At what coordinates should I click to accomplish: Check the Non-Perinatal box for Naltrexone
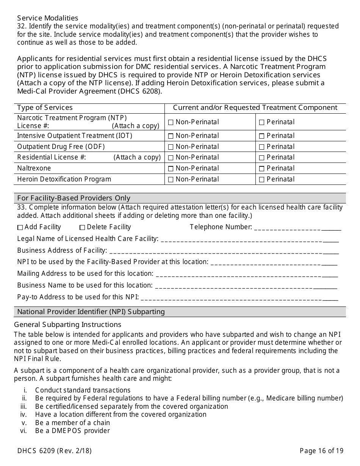[x=171, y=169]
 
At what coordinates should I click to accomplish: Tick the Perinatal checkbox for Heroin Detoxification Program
[x=262, y=180]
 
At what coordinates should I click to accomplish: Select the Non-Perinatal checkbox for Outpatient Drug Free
[x=171, y=147]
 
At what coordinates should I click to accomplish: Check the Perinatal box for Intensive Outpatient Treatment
[x=262, y=136]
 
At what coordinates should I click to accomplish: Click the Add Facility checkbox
[x=20, y=228]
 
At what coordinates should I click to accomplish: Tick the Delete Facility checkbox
[x=82, y=228]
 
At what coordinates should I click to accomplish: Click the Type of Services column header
[x=45, y=108]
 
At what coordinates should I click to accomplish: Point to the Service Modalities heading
[x=48, y=18]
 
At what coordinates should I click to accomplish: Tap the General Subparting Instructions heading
[x=67, y=325]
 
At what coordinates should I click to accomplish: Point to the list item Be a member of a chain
[x=72, y=423]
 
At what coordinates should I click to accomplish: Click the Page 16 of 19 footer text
[x=321, y=451]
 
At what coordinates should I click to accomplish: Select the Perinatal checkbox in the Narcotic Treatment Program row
[x=262, y=122]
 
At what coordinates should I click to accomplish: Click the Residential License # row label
[x=52, y=158]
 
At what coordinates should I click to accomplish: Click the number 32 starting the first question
[x=22, y=26]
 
